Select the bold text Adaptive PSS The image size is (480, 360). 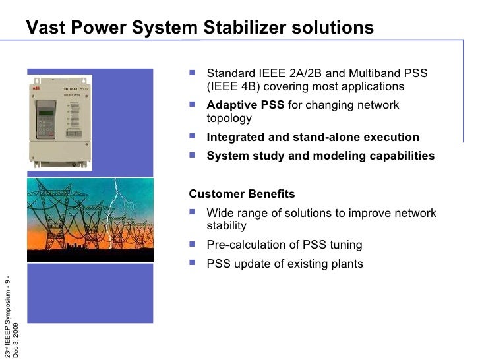(245, 105)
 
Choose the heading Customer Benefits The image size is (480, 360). (242, 194)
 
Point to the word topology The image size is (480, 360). (229, 119)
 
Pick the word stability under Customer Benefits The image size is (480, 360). (226, 226)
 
